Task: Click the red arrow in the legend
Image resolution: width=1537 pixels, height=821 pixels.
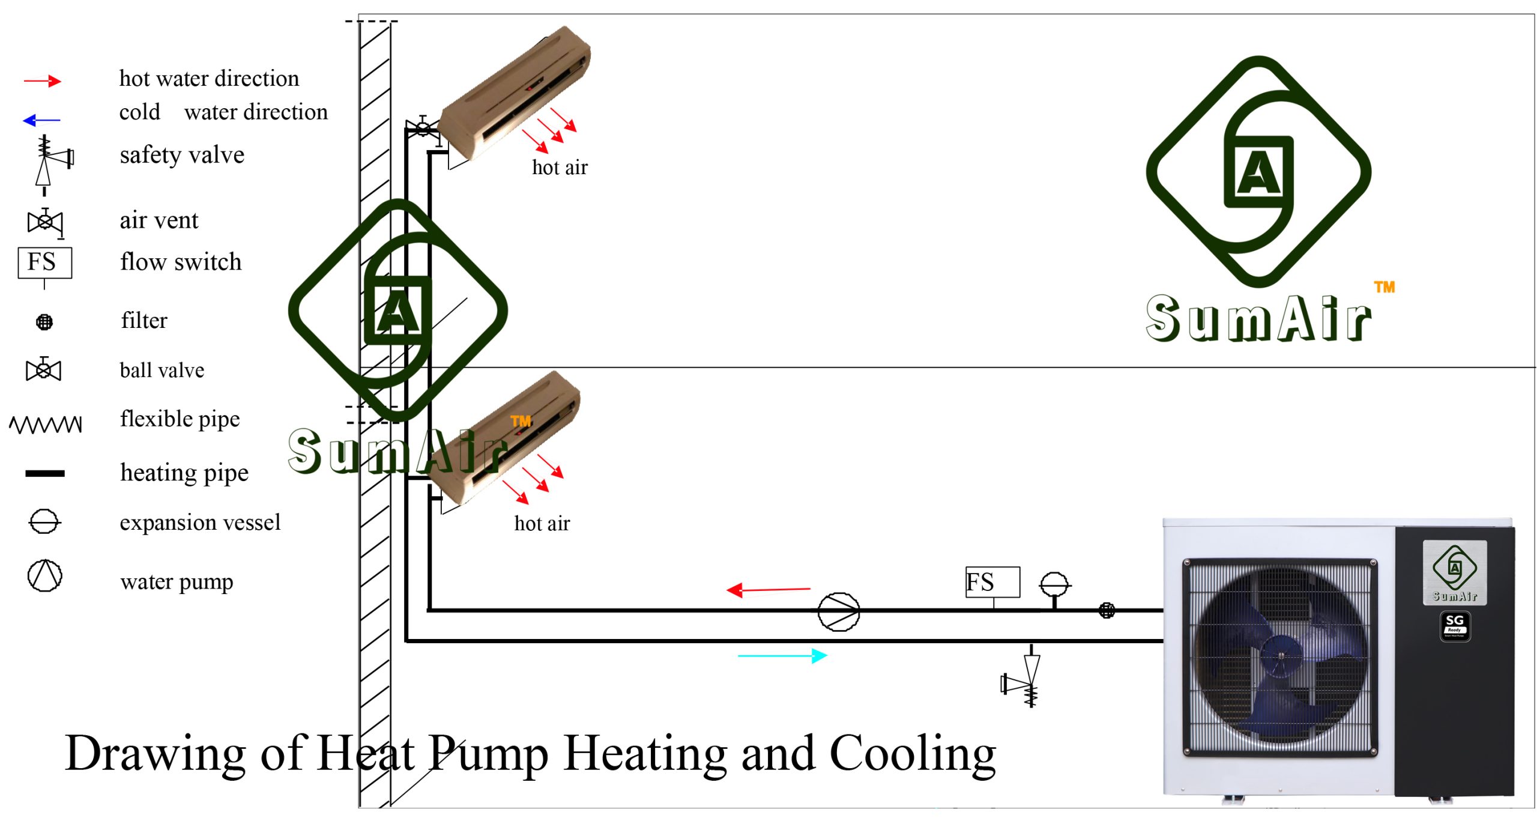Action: [42, 81]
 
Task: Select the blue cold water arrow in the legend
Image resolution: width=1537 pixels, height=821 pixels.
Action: [41, 121]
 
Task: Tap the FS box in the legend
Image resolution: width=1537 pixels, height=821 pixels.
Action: [45, 262]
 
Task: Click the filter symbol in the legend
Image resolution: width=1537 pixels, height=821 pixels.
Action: [44, 323]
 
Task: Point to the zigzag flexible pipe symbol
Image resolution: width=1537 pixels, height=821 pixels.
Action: [46, 424]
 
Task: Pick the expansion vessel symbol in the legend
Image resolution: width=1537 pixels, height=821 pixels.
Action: [44, 521]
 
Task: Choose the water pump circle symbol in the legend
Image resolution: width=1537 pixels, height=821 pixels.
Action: [45, 575]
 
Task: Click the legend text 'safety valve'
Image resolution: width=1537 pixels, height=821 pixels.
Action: [182, 155]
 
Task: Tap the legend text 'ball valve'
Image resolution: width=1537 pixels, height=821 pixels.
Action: [162, 370]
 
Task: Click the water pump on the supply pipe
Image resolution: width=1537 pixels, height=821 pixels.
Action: [839, 611]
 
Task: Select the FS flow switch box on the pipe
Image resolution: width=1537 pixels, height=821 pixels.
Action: [992, 582]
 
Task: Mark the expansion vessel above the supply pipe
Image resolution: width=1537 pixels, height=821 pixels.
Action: [1054, 584]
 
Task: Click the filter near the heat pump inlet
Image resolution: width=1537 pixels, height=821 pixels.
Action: [1107, 611]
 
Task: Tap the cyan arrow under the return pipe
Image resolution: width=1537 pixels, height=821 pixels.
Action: [782, 656]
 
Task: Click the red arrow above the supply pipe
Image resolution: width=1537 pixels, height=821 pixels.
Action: [768, 590]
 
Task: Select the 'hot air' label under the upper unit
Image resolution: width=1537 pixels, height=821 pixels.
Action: [560, 168]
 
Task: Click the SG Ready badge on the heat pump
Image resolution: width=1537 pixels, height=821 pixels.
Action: [1455, 626]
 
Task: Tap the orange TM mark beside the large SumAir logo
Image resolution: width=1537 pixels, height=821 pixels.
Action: [1385, 287]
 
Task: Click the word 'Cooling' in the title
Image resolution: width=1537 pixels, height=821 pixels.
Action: [912, 754]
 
